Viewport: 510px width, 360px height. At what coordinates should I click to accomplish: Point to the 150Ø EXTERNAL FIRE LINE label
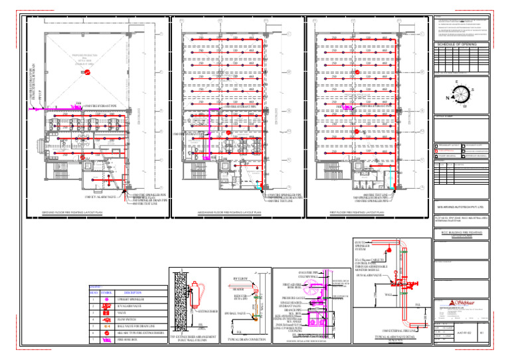click(x=401, y=330)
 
